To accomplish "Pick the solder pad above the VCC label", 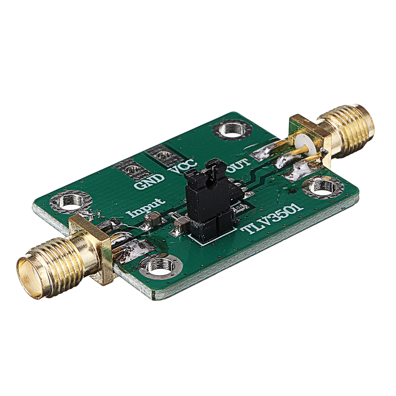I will click(162, 155).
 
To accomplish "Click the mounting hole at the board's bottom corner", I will click(160, 266).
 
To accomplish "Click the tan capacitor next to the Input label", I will click(152, 218).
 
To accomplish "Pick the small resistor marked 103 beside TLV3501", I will click(238, 208).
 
